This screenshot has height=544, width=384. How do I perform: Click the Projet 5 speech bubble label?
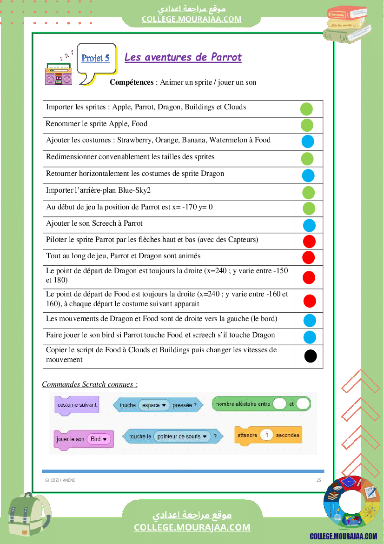pos(95,58)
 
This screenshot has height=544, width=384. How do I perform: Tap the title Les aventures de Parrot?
pos(183,57)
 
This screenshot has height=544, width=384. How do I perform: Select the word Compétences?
pos(132,82)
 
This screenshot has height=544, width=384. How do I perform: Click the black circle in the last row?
pos(311,356)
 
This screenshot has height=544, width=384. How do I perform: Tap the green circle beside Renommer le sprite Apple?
pos(307,125)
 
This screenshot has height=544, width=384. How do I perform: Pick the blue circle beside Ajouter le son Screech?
pos(309,225)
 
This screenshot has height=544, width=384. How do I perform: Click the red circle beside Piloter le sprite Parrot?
pos(309,241)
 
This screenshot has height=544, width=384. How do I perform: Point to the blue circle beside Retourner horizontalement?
pos(308,175)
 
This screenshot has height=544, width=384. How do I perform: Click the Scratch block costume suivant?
pos(77,405)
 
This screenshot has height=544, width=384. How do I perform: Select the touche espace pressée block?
pos(158,405)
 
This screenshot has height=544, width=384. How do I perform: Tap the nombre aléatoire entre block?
pos(261,404)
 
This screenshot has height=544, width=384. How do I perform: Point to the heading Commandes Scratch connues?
pos(90,384)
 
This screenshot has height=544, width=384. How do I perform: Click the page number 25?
pos(318,480)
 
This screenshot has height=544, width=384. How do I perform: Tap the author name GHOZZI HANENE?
pos(60,480)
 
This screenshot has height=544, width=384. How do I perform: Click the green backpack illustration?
pos(28,517)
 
